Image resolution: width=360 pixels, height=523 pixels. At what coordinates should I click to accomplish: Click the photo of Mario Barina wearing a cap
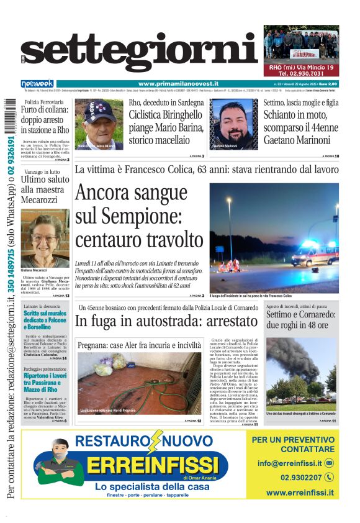[x=99, y=124]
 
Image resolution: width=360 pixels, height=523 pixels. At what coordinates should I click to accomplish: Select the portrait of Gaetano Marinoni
[x=234, y=124]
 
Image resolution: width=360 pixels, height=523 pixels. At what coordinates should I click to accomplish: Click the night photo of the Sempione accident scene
[x=274, y=237]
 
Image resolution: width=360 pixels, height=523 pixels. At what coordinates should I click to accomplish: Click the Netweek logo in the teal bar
[x=37, y=84]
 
